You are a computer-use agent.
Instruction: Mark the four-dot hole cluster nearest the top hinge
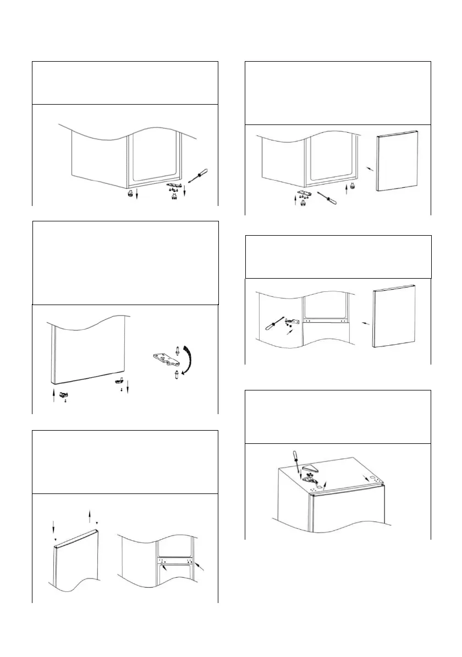coord(314,487)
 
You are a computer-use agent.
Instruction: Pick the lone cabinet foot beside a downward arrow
coord(130,194)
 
